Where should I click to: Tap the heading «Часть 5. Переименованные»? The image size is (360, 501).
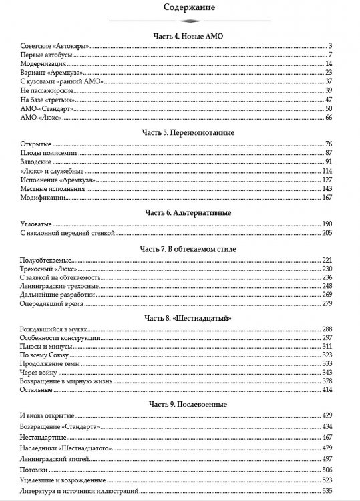tap(180, 132)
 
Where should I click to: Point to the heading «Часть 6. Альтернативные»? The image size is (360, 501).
tap(180, 212)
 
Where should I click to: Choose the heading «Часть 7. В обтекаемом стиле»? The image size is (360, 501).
tap(180, 248)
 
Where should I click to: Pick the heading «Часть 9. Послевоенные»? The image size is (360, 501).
tap(180, 404)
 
